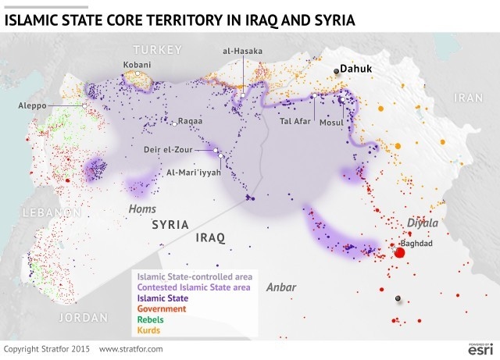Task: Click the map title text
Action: [x=180, y=19]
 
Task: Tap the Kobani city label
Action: [x=137, y=64]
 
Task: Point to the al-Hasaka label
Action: [x=241, y=51]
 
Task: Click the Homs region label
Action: [x=143, y=209]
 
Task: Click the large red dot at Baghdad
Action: [x=399, y=252]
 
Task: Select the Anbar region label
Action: [x=281, y=287]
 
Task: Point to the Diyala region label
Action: [x=423, y=223]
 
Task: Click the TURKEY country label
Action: [x=157, y=49]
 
